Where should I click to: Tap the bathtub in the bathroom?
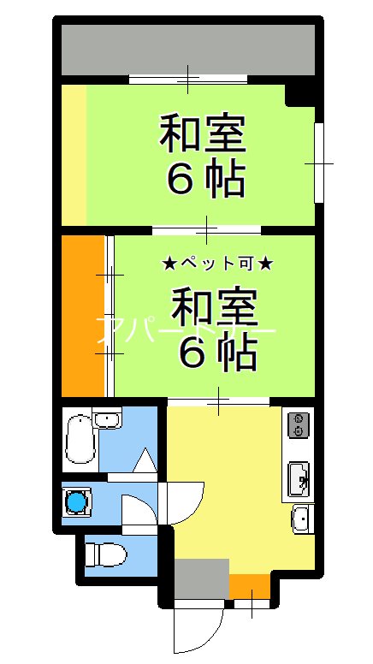pos(80,437)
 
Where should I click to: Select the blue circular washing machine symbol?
pos(78,501)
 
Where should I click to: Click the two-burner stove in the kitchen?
pos(298,424)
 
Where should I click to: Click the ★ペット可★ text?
pos(217,264)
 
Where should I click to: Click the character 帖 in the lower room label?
pos(239,353)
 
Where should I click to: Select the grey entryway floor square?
pos(203,578)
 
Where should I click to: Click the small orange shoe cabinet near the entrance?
pos(248,586)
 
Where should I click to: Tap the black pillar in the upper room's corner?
pos(301,92)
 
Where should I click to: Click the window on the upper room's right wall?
pos(318,163)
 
